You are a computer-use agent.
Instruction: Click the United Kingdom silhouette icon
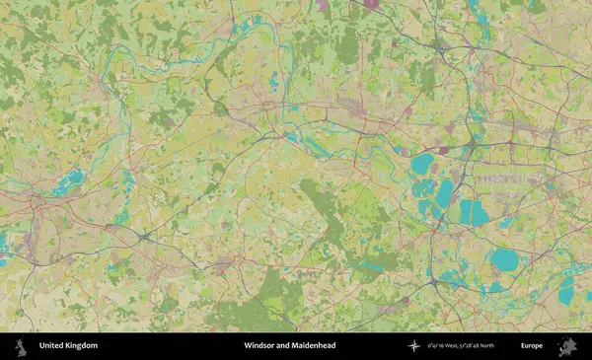19,346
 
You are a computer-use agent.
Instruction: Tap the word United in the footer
52,346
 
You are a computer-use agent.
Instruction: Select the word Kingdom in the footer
82,346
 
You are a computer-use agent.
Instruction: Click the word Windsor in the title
260,346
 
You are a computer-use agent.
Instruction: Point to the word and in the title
286,346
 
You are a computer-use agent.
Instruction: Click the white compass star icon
414,346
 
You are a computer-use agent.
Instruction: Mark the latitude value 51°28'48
489,346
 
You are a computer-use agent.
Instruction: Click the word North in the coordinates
513,346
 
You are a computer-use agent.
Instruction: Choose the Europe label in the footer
532,346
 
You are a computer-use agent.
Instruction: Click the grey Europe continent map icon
567,346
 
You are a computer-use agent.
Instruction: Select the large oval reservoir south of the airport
505,260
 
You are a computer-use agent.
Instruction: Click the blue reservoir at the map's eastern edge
566,290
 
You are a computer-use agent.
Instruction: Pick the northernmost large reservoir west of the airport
422,164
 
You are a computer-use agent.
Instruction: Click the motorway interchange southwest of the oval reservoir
434,283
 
